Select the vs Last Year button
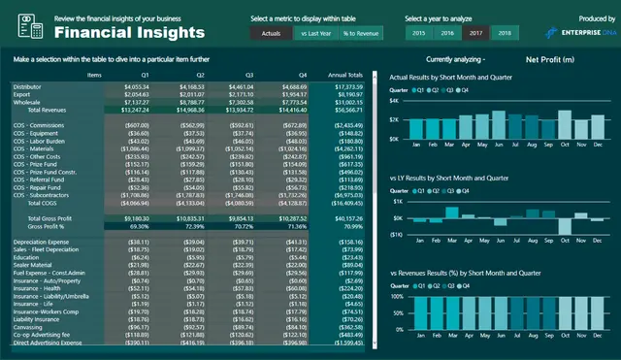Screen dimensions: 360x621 [x=314, y=33]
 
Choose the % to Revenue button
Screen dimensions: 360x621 [x=362, y=33]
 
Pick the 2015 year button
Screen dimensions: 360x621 [x=418, y=33]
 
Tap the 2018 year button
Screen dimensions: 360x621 [x=504, y=33]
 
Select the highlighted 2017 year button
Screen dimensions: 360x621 [x=475, y=33]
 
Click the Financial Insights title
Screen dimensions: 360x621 [x=121, y=33]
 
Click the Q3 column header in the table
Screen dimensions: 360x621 [x=250, y=74]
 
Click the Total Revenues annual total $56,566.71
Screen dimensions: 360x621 [x=346, y=110]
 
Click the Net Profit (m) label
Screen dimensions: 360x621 [x=549, y=59]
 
